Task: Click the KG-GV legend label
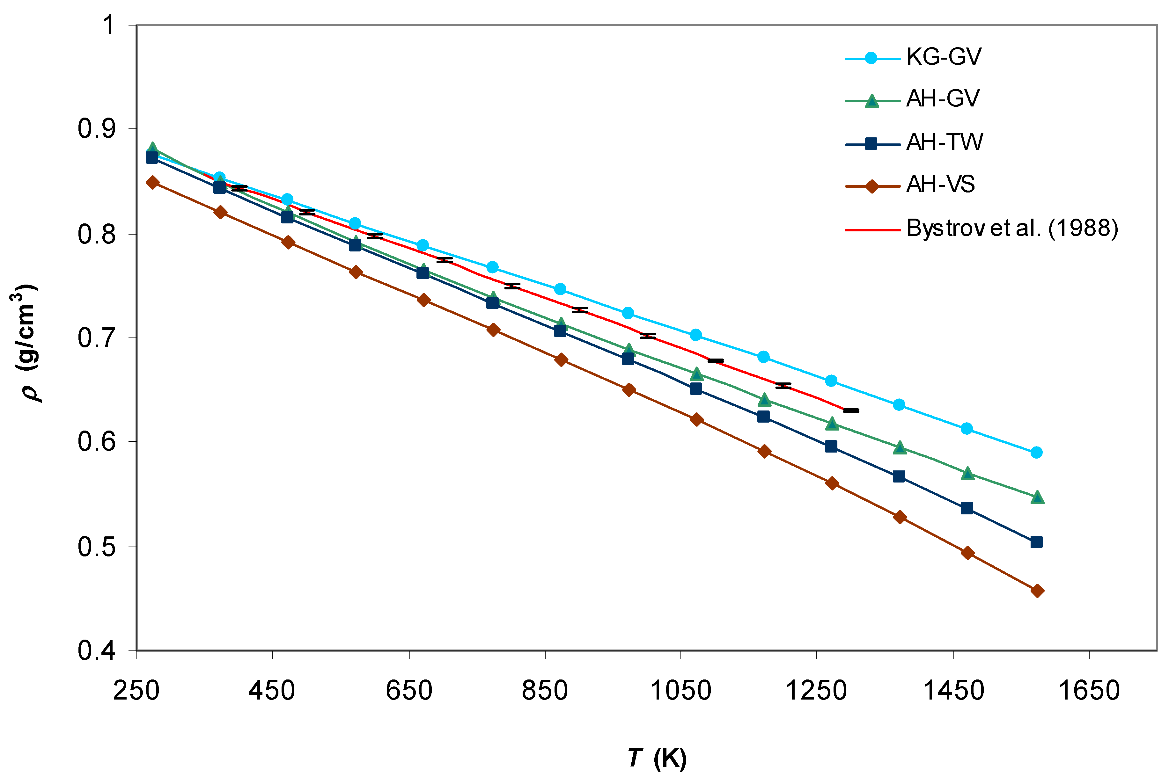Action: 944,57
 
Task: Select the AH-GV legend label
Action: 942,99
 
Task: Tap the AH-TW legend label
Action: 945,142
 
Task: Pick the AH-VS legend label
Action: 940,185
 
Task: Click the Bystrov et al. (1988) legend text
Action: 1012,229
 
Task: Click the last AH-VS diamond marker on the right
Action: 1037,591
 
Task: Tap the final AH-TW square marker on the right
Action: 1036,542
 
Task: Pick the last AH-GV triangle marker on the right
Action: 1037,497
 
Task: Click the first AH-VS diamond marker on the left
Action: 152,183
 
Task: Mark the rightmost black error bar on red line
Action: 851,410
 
